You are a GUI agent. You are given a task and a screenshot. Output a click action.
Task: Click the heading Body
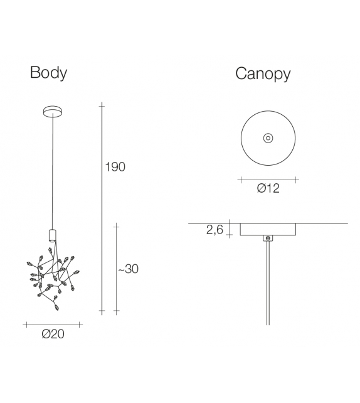pos(48,72)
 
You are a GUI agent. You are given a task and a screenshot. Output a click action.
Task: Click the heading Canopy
pos(263,74)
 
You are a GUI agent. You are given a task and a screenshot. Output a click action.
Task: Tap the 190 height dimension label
pos(115,167)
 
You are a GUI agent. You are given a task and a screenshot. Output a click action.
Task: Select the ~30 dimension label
pos(128,269)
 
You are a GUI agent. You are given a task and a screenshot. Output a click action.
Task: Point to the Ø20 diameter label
pos(53,334)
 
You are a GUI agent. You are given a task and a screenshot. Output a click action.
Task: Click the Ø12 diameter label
pos(268,188)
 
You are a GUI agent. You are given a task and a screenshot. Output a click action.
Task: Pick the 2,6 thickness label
pos(215,230)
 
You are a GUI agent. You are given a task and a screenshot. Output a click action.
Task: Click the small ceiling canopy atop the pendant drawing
pos(53,112)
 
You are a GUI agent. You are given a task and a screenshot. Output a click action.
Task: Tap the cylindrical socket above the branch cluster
pos(53,235)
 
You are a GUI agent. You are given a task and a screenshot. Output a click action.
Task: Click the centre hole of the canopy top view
pos(268,138)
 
